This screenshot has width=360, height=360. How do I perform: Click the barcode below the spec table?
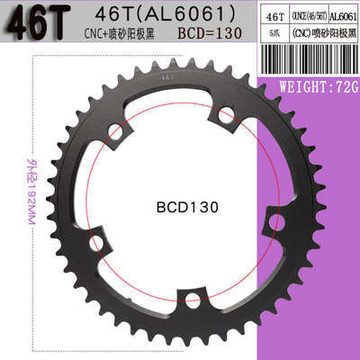pyautogui.click(x=308, y=64)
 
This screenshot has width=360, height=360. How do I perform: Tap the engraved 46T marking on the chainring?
pyautogui.click(x=167, y=78)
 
